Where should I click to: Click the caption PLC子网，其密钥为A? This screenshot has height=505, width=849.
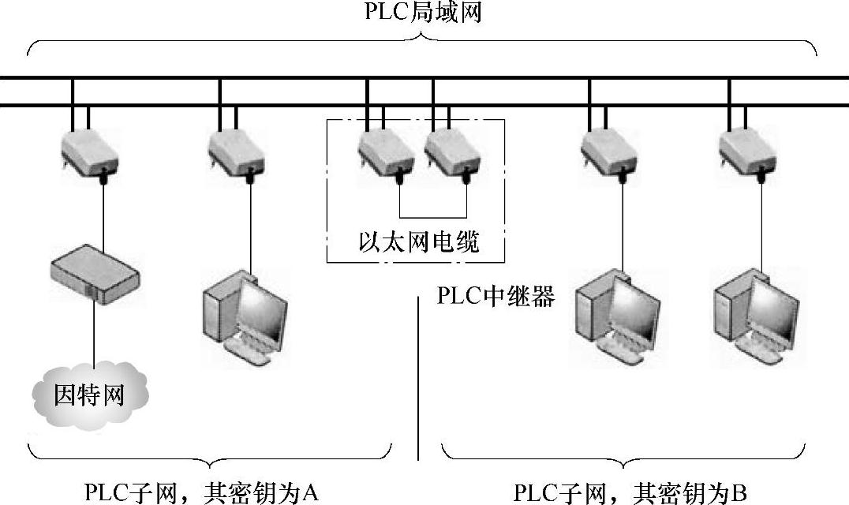point(201,492)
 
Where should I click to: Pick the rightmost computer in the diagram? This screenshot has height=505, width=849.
point(754,312)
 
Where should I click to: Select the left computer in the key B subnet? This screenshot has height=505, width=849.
point(615,312)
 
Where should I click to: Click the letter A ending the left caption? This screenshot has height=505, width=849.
point(310,492)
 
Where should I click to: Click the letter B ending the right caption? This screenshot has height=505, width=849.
point(739,492)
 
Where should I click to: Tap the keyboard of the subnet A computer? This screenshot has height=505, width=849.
point(251,352)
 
